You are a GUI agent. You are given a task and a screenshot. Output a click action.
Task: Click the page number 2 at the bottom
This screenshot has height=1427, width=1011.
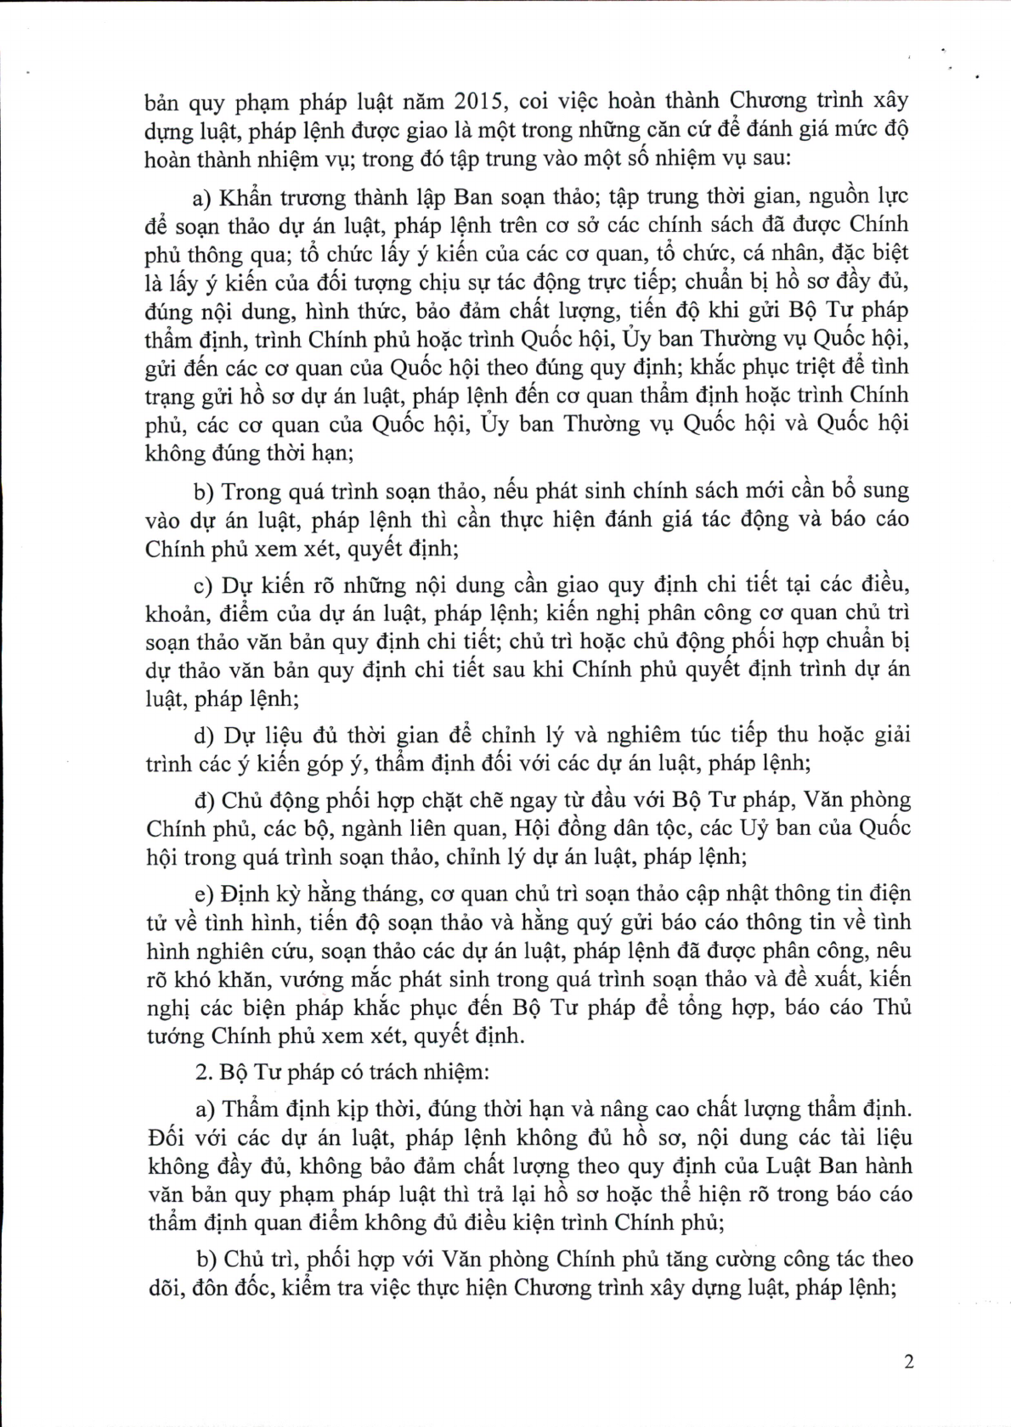pyautogui.click(x=908, y=1362)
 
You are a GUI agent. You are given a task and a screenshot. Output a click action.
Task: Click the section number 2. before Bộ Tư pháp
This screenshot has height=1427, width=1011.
pyautogui.click(x=204, y=1071)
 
